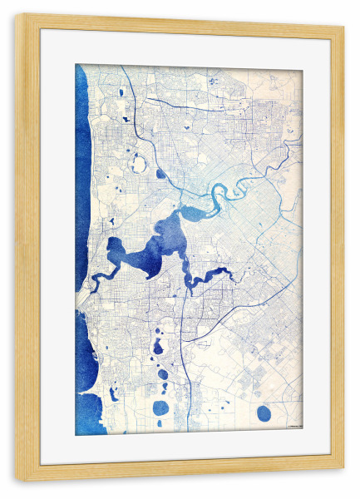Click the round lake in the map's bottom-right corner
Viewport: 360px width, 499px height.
click(x=264, y=413)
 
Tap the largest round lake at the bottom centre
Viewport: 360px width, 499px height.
click(x=161, y=408)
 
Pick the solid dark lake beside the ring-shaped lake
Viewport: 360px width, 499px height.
click(x=160, y=174)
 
